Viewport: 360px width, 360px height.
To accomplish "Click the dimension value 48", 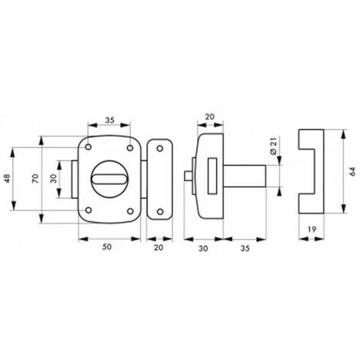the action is point(7,178).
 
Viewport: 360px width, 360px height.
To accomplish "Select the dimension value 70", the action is point(35,178).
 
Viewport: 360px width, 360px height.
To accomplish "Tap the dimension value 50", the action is point(106,247).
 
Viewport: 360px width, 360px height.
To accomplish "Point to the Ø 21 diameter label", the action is point(273,146).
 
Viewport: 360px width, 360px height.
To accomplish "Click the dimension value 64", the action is point(352,172).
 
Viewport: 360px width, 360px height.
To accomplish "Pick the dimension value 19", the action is point(312,229).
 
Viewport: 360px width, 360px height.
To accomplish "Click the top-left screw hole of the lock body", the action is point(88,147).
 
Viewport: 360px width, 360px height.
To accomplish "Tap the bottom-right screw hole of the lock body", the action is point(130,211).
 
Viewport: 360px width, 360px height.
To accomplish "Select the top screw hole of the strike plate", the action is point(160,149).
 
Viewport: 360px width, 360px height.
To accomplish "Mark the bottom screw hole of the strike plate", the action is point(160,211).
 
